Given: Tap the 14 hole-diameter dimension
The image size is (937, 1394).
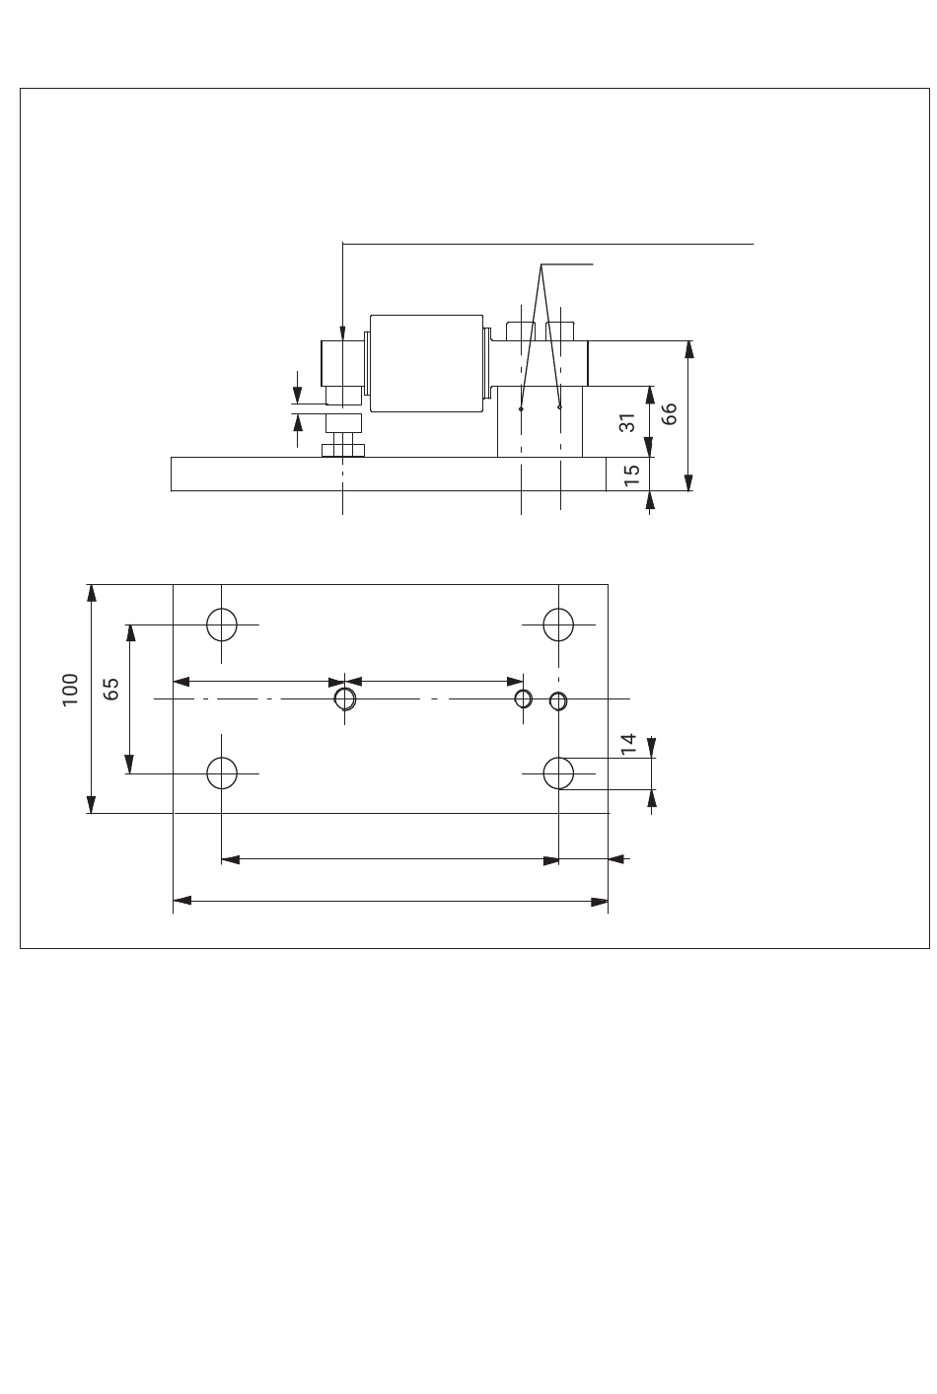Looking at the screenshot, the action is click(x=629, y=745).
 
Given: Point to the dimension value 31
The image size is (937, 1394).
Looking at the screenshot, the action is click(x=625, y=423).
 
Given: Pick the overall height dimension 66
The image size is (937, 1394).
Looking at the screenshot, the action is click(x=670, y=413).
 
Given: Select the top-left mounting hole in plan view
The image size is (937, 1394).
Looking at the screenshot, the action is click(x=222, y=624).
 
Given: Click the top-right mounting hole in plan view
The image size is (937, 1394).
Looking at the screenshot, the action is click(x=558, y=624).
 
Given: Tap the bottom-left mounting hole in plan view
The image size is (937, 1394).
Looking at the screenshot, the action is click(x=222, y=772).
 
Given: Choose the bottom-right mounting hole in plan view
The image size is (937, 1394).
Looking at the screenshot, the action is click(x=558, y=772).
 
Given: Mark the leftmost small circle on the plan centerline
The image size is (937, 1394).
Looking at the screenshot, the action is click(x=344, y=698).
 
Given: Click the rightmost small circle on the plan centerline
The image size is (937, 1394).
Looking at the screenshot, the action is click(x=557, y=700).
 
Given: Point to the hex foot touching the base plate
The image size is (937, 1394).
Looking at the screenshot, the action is click(x=342, y=450).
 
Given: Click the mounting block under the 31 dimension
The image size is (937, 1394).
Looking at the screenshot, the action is click(x=540, y=422).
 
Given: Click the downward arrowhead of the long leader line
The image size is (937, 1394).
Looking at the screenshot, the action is click(x=342, y=335).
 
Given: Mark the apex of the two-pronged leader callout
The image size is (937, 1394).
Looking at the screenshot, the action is click(x=541, y=264).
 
